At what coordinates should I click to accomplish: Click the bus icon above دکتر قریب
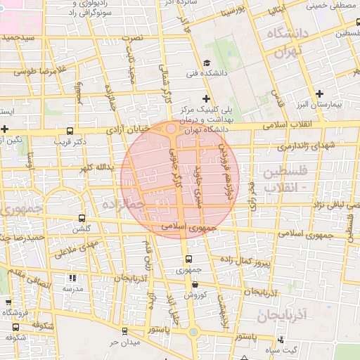(x=69, y=131)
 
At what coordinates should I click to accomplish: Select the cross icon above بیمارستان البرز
(x=319, y=93)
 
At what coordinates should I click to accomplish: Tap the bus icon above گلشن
(x=82, y=219)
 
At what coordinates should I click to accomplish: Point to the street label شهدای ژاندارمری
(x=304, y=146)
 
